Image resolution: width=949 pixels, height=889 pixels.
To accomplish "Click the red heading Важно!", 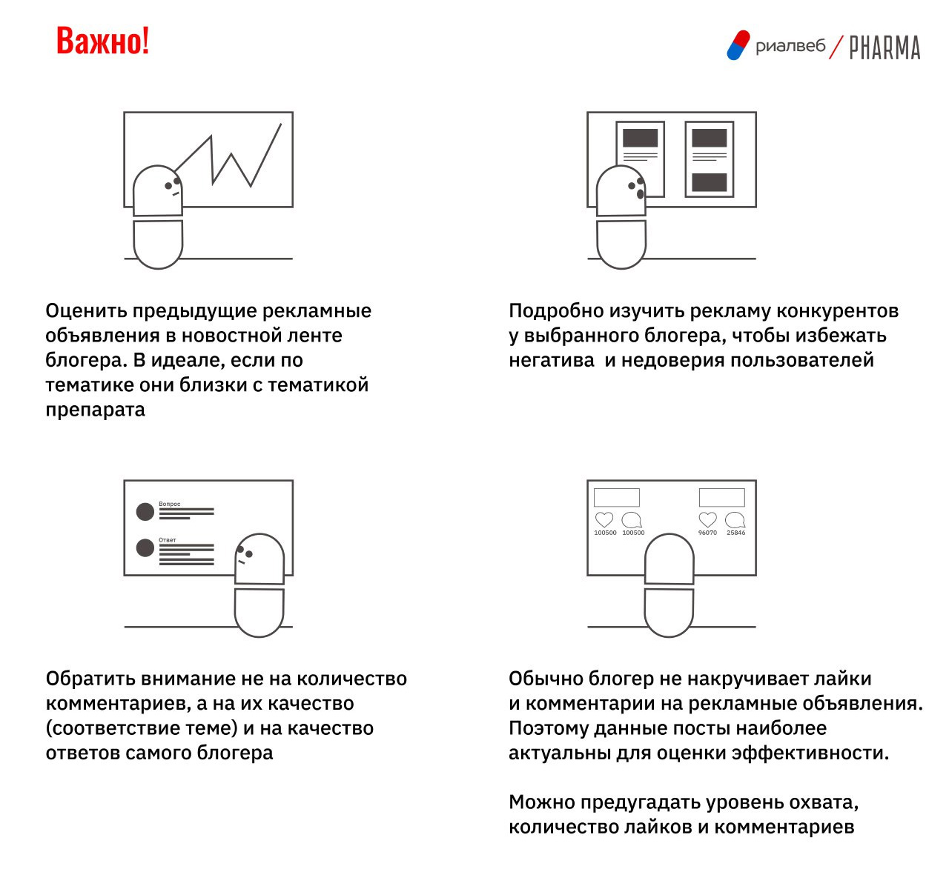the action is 103,41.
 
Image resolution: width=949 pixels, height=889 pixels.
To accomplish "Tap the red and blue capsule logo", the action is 738,45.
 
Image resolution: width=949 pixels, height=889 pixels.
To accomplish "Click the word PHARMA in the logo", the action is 884,47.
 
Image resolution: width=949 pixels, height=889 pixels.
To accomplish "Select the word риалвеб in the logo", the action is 790,47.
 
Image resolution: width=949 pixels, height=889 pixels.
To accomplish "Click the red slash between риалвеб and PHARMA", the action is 836,47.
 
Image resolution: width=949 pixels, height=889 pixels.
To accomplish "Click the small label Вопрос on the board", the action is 170,504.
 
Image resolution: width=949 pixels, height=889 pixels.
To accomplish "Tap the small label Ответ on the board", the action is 168,540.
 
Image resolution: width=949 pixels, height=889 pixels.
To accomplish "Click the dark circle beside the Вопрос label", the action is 145,512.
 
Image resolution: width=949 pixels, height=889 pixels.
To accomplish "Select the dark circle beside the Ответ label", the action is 145,548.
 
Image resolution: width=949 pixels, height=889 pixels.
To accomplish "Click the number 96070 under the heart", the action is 707,533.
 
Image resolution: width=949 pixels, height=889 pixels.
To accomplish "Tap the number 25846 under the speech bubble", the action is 736,533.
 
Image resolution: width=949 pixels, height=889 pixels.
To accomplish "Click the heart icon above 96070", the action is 708,519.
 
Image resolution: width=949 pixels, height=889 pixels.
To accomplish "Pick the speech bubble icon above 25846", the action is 735,520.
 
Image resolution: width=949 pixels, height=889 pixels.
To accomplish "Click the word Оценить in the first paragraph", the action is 87,311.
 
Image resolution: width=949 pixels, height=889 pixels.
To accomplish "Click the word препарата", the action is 96,410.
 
